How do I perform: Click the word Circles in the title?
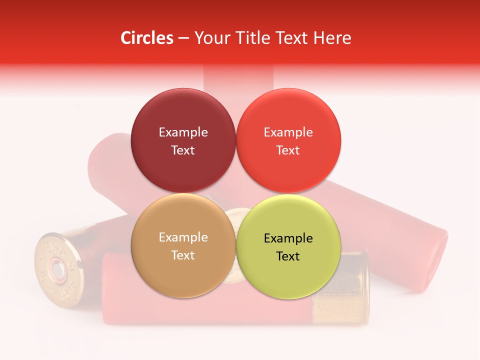pos(146,38)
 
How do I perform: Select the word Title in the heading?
pos(253,38)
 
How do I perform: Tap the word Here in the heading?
pos(332,38)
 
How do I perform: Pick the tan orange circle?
pos(183,272)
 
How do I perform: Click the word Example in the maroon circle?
pos(183,132)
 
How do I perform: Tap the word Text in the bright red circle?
pos(288,150)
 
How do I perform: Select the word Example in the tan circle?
pos(183,237)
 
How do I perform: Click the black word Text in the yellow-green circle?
pos(288,256)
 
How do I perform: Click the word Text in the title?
pos(295,38)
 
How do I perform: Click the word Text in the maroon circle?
pos(183,150)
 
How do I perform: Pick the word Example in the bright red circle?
pos(288,132)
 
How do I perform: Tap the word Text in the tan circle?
pos(183,255)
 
